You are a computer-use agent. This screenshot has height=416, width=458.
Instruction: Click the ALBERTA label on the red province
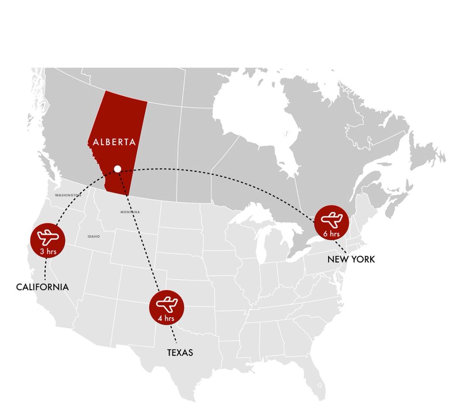pos(114,142)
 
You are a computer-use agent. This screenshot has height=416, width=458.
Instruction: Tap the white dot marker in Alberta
pos(117,169)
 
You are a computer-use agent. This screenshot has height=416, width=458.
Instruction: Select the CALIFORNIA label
pos(42,287)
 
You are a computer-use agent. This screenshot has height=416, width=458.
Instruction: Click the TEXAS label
pos(180,352)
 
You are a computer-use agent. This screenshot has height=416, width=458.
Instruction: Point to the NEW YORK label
pos(351,259)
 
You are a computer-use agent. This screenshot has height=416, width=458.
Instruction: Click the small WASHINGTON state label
pos(67,195)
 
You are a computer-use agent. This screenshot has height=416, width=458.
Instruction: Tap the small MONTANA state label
pos(130,212)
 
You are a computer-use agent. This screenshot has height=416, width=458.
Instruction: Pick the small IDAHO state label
pos(94,236)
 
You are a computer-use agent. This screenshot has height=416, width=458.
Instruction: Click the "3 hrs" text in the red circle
pos(48,251)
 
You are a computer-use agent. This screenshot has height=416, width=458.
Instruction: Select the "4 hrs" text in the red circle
pos(167,318)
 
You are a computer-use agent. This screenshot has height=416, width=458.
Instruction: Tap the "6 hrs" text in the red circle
pos(331,233)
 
